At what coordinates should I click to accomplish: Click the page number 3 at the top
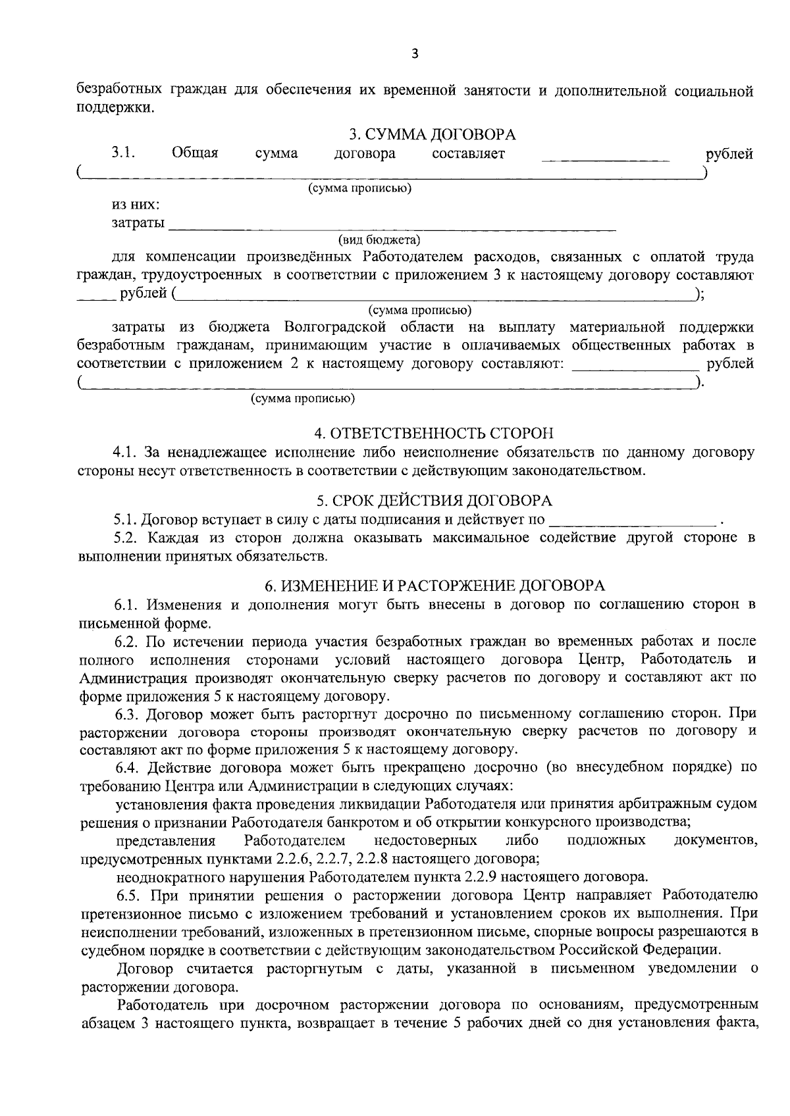[414, 55]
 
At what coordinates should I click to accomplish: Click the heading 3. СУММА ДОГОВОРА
[432, 135]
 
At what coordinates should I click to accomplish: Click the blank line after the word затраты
[392, 227]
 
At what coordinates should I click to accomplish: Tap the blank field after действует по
[632, 522]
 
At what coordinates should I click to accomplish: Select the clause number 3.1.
[123, 153]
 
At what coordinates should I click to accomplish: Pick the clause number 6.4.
[128, 767]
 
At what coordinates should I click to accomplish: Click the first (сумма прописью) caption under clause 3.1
[360, 189]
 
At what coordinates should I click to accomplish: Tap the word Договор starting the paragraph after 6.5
[145, 969]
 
